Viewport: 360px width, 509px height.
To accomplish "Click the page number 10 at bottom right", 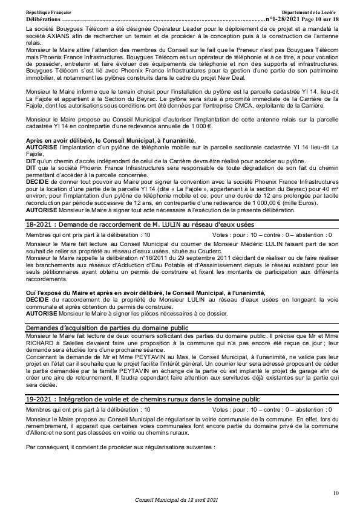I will (336, 493).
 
